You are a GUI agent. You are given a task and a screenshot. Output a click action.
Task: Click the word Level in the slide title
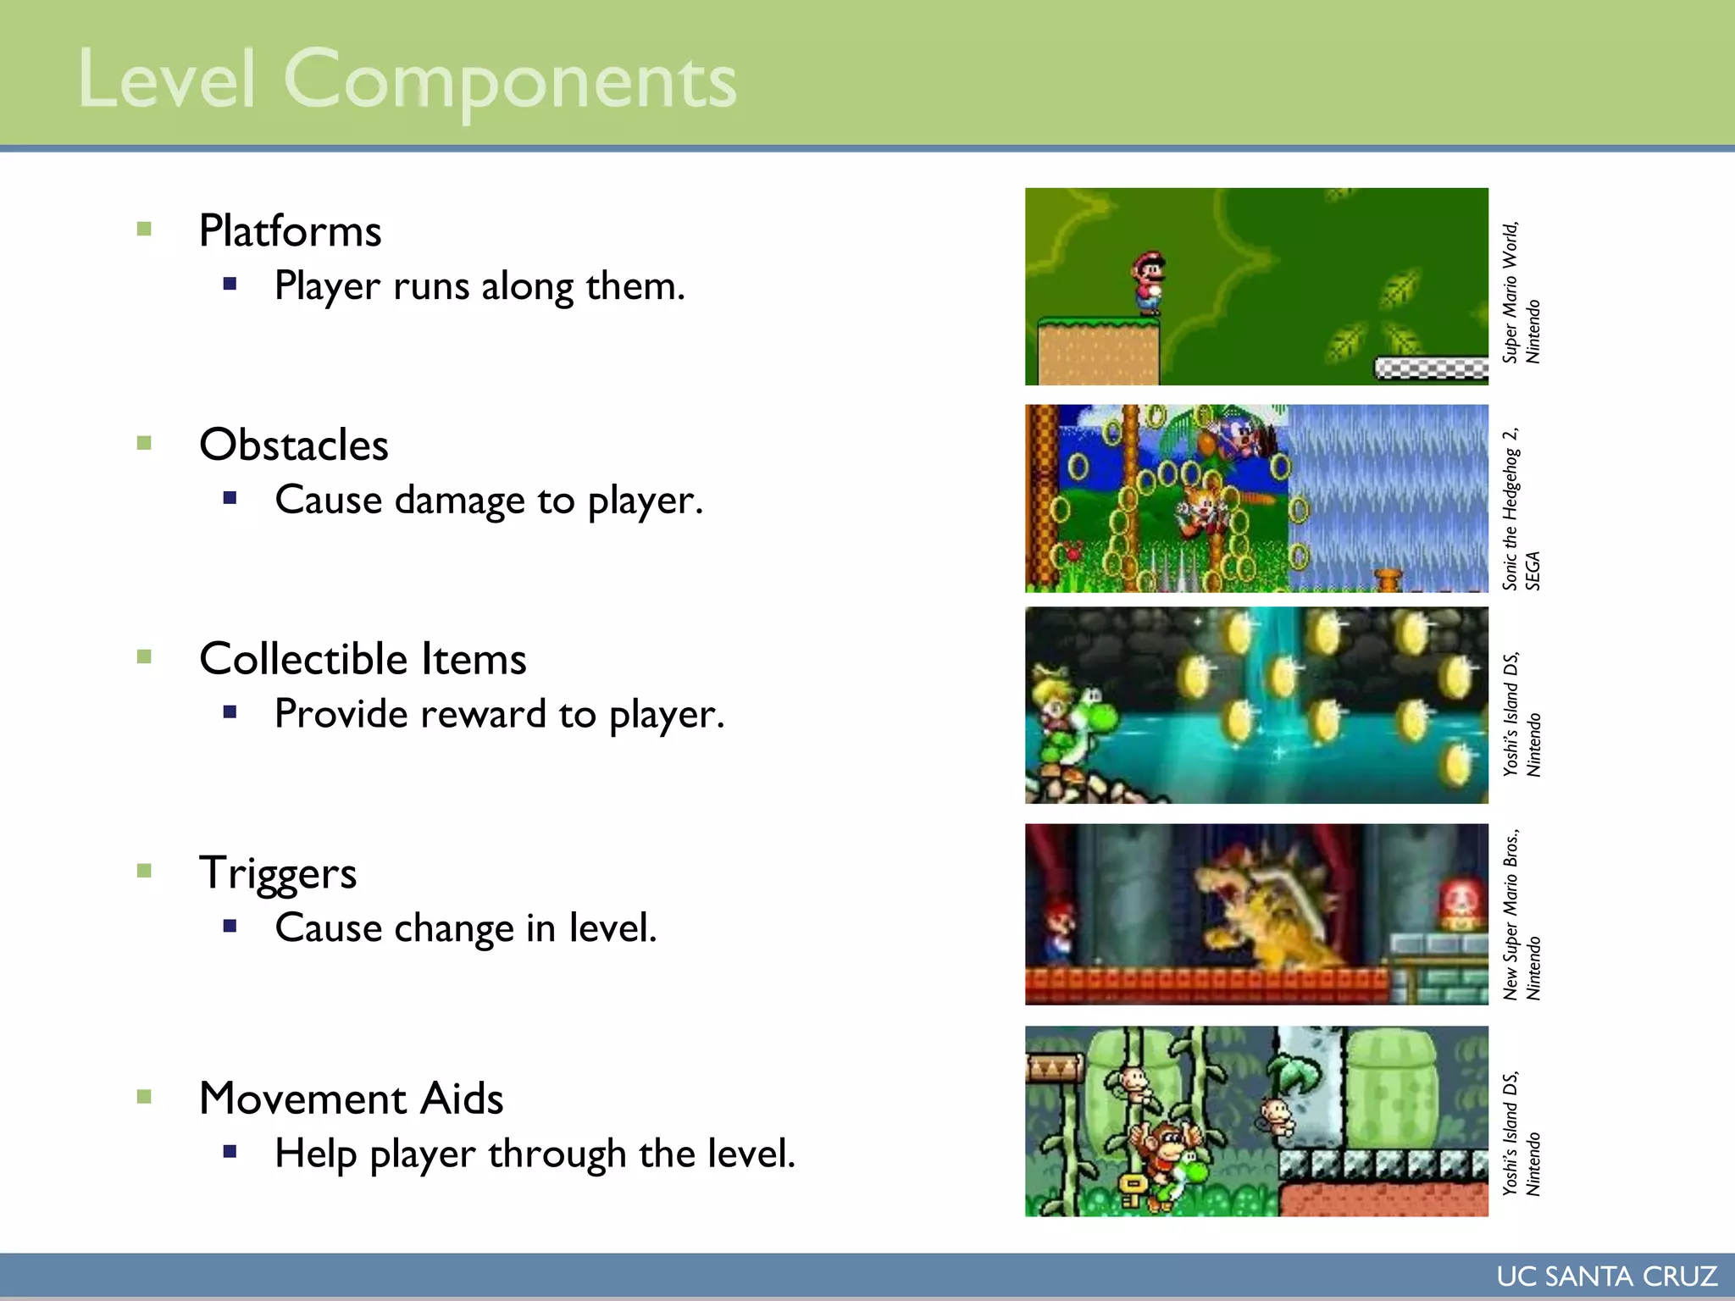[x=166, y=80]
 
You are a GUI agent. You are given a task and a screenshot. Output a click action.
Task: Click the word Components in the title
[x=509, y=81]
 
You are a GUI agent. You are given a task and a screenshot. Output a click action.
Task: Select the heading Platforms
[x=290, y=231]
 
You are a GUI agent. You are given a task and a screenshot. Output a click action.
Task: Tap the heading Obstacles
[x=293, y=446]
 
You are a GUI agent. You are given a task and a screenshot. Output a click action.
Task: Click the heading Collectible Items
[x=363, y=659]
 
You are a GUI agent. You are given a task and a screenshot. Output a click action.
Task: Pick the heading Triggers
[x=278, y=873]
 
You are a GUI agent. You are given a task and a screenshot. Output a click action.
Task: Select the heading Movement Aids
[x=351, y=1099]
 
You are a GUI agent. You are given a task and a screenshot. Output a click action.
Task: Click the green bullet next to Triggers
[x=144, y=871]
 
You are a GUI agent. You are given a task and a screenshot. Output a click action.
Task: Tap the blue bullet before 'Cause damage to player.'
[x=230, y=498]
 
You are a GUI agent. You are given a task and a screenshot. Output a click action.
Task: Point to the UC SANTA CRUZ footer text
[x=1606, y=1276]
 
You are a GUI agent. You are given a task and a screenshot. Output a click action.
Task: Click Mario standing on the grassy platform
[x=1149, y=283]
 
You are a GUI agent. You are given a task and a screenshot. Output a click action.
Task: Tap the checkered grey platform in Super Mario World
[x=1430, y=368]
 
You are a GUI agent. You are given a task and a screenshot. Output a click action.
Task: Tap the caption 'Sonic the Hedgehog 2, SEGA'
[x=1521, y=508]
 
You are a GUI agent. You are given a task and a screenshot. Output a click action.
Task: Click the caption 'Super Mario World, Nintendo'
[x=1521, y=292]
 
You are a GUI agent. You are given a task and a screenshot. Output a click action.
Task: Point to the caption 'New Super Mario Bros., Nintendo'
[x=1521, y=915]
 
